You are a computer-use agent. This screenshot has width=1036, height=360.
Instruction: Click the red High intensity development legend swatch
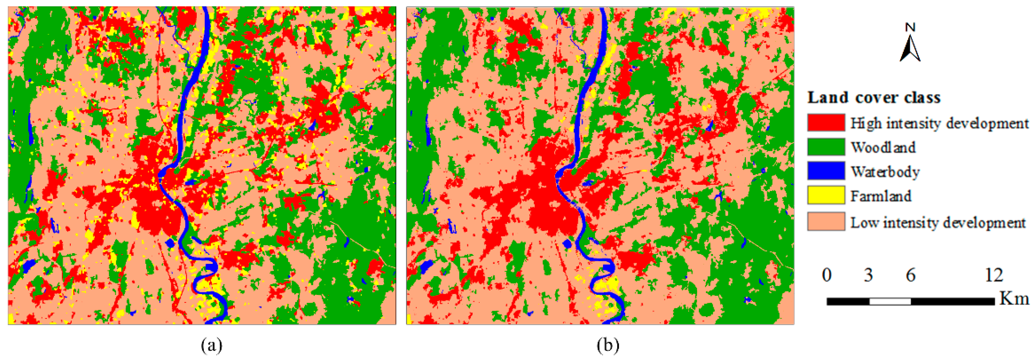[x=826, y=123]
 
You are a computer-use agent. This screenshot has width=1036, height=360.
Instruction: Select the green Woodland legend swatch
[x=826, y=147]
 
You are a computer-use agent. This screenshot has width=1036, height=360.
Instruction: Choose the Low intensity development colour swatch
[x=826, y=222]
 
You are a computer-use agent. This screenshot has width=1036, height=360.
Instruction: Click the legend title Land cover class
[x=874, y=98]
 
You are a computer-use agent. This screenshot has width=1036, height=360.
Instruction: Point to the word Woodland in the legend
[x=883, y=148]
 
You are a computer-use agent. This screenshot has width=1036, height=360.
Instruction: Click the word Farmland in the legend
[x=881, y=196]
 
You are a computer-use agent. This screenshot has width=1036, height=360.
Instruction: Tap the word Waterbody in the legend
[x=885, y=172]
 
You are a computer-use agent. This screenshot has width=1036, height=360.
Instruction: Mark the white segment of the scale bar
[x=890, y=301]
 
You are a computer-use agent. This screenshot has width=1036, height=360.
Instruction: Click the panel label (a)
[x=211, y=345]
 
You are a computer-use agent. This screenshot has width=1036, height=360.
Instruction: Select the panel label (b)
[x=608, y=345]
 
